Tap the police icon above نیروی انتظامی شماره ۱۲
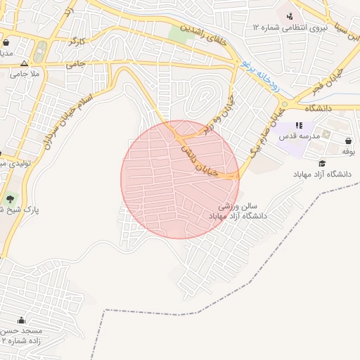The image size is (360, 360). pyautogui.click(x=289, y=16)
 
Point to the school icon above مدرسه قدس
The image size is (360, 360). pyautogui.click(x=299, y=125)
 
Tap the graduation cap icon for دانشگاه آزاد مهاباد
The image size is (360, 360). pyautogui.click(x=322, y=163)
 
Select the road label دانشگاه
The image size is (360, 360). pyautogui.click(x=318, y=109)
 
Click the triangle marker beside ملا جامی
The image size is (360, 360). pyautogui.click(x=24, y=63)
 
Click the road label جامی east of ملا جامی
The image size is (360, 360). pyautogui.click(x=75, y=64)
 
